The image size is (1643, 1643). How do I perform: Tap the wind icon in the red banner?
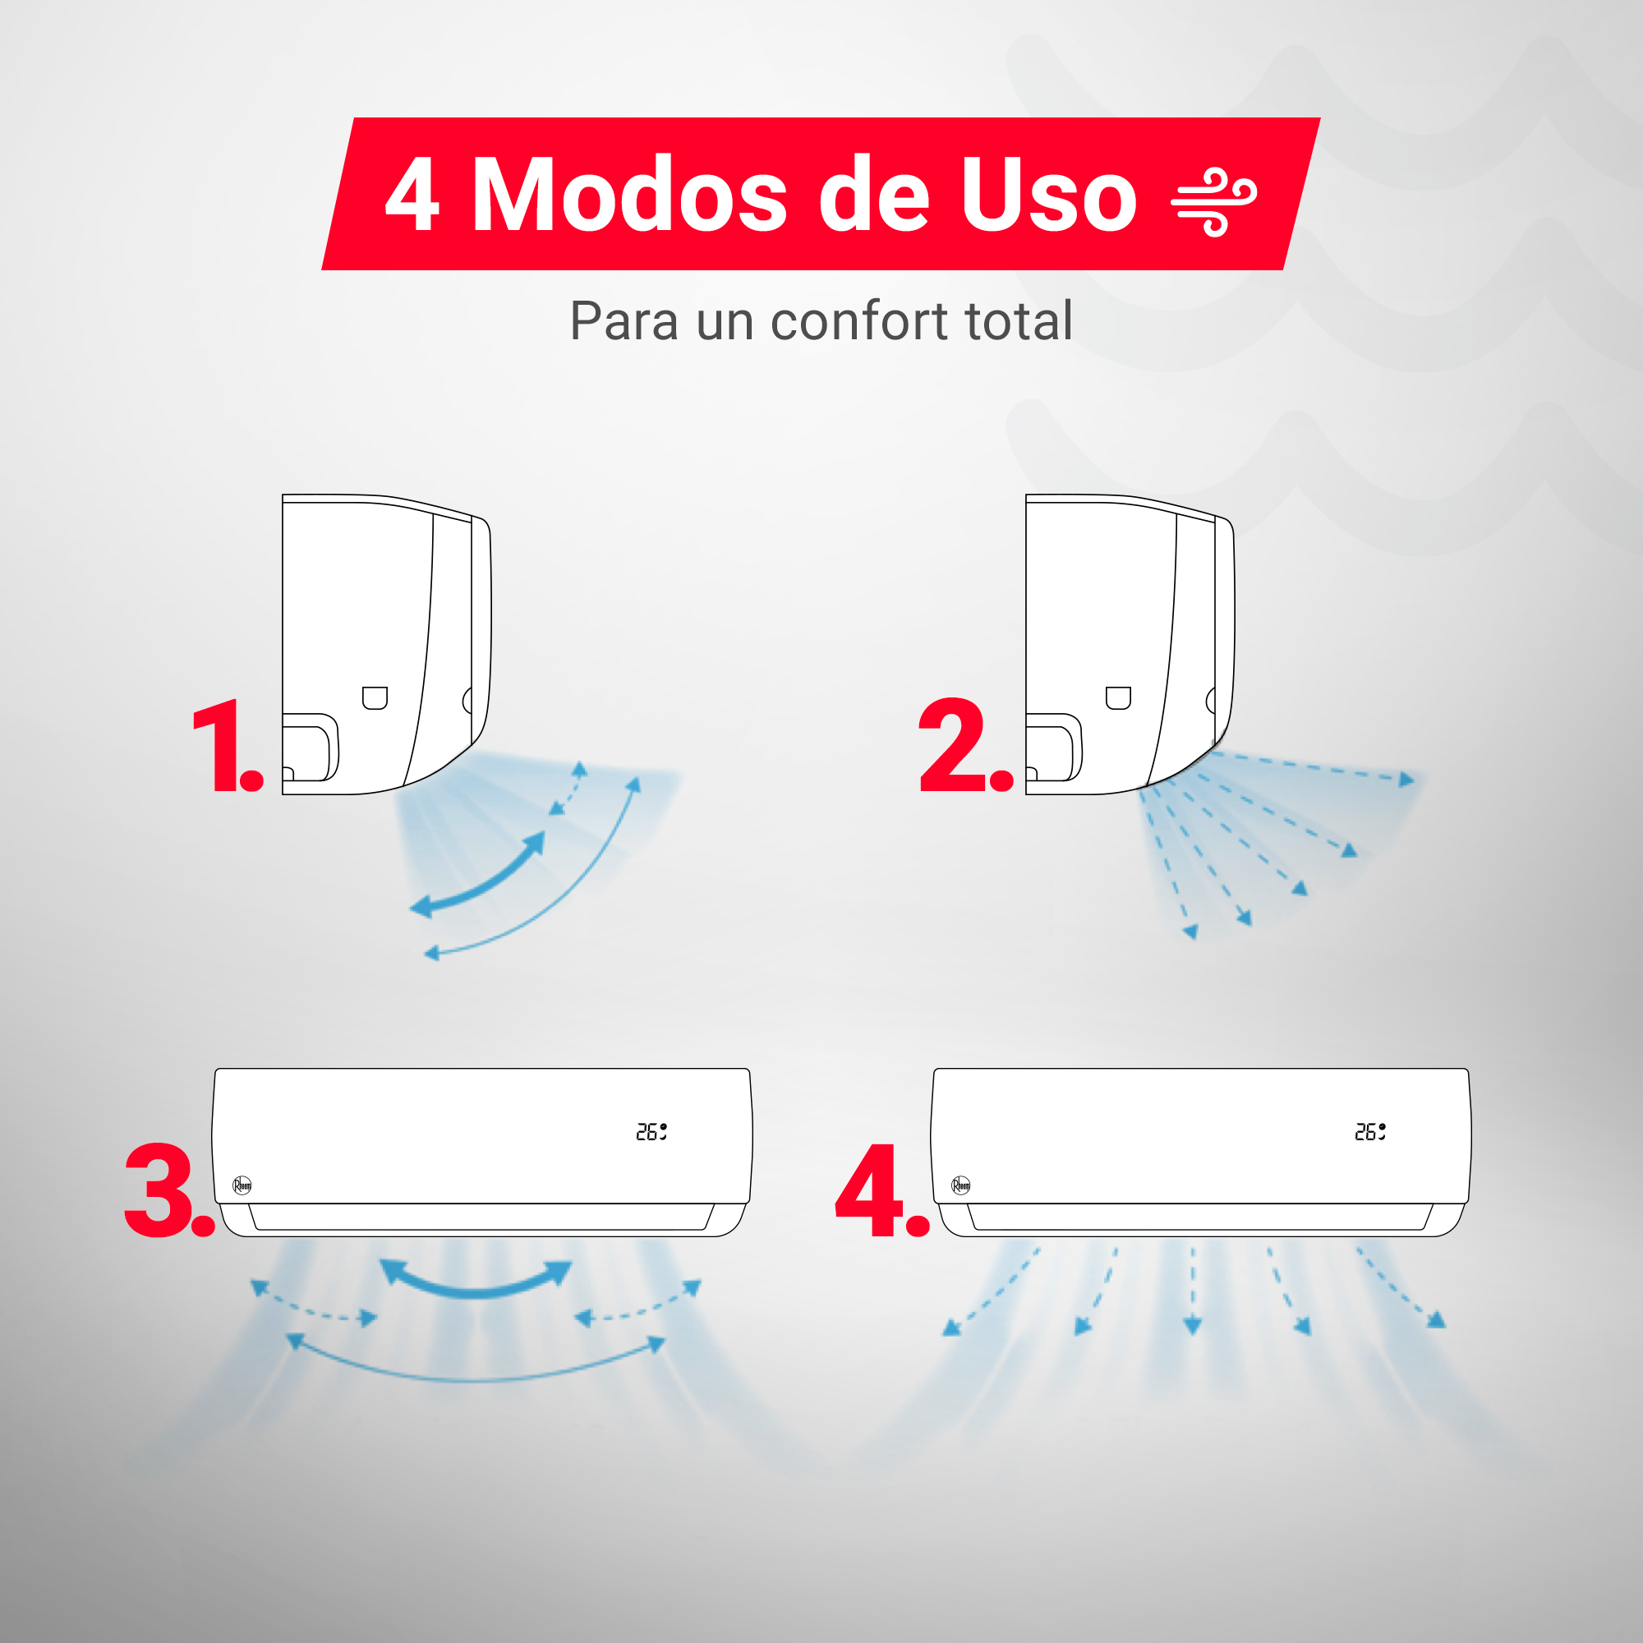pyautogui.click(x=1213, y=202)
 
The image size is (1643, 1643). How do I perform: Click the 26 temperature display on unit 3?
pyautogui.click(x=651, y=1132)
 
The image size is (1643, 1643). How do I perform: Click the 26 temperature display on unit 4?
pyautogui.click(x=1369, y=1132)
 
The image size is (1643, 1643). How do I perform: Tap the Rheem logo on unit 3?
pyautogui.click(x=242, y=1185)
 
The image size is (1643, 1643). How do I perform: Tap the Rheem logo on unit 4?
pyautogui.click(x=961, y=1185)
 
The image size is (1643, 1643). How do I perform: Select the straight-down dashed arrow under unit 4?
pyautogui.click(x=1193, y=1289)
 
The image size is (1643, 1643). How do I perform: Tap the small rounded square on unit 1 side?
pyautogui.click(x=375, y=697)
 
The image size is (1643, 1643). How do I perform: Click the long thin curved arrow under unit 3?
pyautogui.click(x=476, y=1378)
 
